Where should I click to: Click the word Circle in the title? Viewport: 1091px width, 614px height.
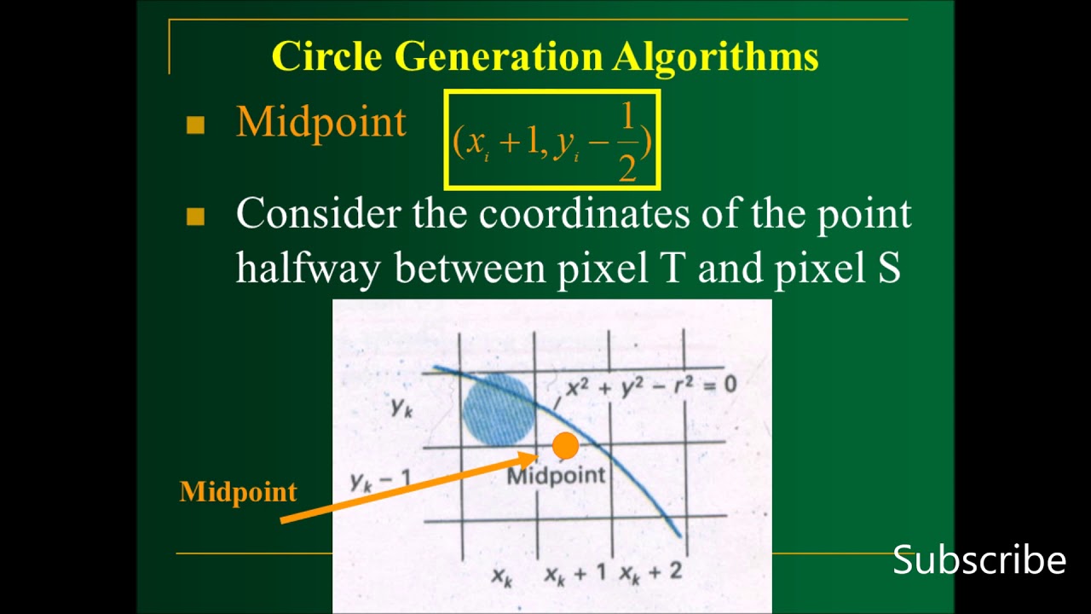326,56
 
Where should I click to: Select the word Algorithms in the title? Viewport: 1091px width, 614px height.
715,56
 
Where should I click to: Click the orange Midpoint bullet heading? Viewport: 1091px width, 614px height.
320,123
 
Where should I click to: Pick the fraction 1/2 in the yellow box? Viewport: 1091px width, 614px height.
627,142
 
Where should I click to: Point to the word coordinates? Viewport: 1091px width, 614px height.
584,213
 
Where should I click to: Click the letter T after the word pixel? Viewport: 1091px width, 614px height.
672,268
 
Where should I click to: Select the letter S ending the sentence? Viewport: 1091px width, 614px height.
887,268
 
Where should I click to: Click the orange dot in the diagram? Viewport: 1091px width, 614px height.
565,445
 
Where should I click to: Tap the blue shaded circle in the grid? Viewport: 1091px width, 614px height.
499,409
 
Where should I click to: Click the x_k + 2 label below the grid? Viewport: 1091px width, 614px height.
651,572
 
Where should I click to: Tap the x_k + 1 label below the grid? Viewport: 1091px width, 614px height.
575,573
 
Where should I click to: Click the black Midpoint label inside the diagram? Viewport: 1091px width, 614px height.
556,476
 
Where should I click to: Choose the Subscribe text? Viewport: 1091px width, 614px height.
979,560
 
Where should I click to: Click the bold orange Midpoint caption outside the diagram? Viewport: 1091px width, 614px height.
239,491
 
